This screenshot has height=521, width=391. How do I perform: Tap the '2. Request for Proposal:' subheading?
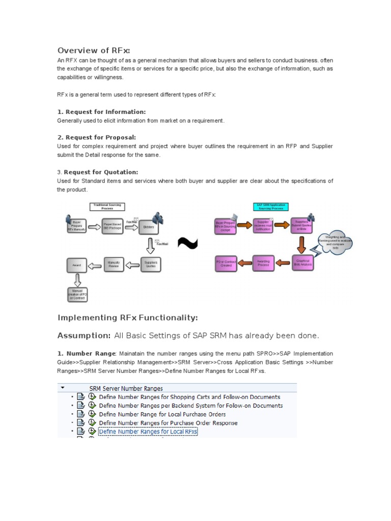[x=96, y=137]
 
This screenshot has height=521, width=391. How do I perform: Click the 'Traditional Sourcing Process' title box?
[x=107, y=207]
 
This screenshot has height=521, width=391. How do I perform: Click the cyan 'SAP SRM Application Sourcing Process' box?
[x=270, y=207]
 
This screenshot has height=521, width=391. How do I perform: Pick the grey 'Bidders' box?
[x=149, y=226]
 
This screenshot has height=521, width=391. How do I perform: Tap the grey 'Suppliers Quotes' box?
[x=150, y=265]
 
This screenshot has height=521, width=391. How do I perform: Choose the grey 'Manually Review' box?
[x=114, y=265]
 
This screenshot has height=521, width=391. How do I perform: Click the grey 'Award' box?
[x=77, y=265]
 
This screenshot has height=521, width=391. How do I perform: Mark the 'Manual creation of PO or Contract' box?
[x=77, y=294]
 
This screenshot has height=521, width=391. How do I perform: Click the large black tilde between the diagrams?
[x=187, y=245]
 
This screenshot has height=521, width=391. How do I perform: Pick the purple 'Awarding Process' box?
[x=263, y=264]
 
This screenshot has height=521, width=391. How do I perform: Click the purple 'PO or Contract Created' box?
[x=226, y=264]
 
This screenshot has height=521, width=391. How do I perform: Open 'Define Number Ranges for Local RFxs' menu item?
[x=148, y=431]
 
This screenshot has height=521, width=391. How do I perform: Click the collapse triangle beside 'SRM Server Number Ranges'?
[x=62, y=388]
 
